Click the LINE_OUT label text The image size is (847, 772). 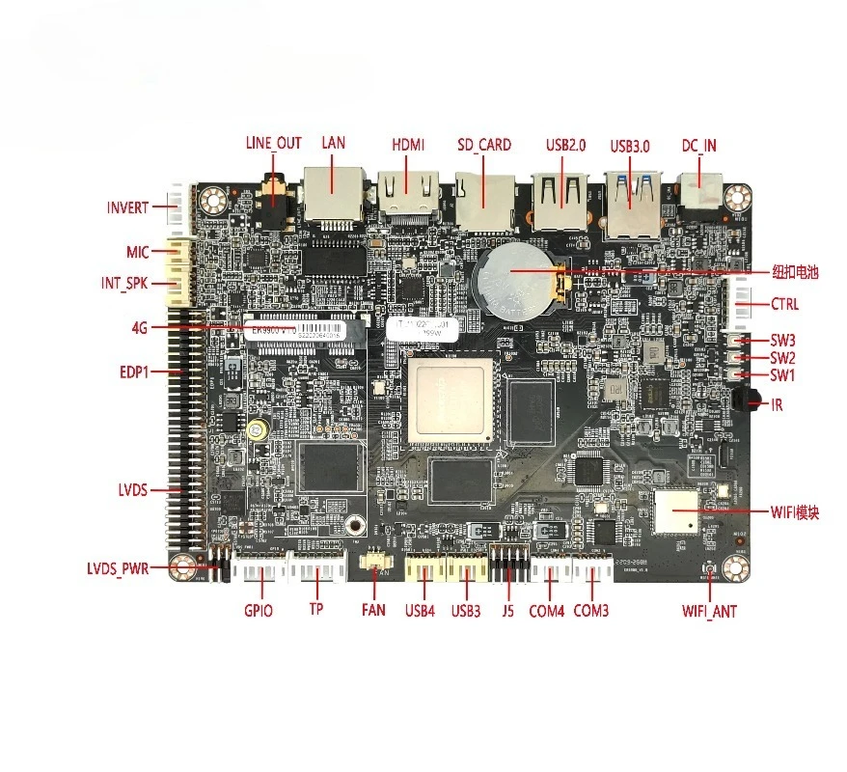tap(273, 143)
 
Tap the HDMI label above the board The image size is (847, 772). tap(408, 144)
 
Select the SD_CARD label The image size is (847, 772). tap(484, 145)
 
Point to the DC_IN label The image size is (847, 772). tap(698, 146)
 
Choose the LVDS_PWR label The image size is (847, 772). tap(118, 568)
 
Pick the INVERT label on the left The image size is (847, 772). tap(128, 207)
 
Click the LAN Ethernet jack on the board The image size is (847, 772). tap(333, 193)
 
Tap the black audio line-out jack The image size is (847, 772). tap(276, 191)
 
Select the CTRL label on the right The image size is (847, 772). tap(784, 304)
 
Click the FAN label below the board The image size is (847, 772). tap(373, 610)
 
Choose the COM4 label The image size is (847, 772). tap(547, 611)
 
